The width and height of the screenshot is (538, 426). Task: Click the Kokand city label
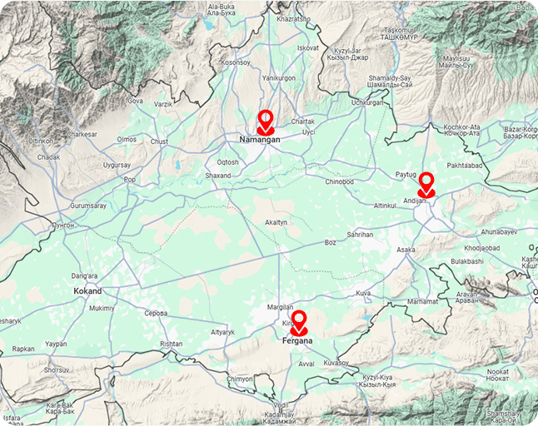point(87,291)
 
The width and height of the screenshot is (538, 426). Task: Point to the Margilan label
point(280,307)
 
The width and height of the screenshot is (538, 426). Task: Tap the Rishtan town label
point(171,343)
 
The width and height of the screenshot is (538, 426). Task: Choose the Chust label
point(158,141)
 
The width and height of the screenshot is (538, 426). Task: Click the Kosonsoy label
point(235,62)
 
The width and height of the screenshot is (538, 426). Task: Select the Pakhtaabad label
point(464,166)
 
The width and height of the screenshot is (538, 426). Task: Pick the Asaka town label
point(406,250)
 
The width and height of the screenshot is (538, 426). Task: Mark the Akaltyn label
point(276,223)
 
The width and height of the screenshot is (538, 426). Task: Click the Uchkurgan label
point(367,102)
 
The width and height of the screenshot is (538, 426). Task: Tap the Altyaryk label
point(223,332)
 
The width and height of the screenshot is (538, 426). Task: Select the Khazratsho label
point(292,18)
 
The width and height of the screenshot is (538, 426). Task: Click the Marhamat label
point(422,301)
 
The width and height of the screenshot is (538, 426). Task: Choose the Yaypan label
point(56,344)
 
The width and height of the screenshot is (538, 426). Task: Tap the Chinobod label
point(339,181)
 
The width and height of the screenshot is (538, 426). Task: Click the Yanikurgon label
point(279,77)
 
